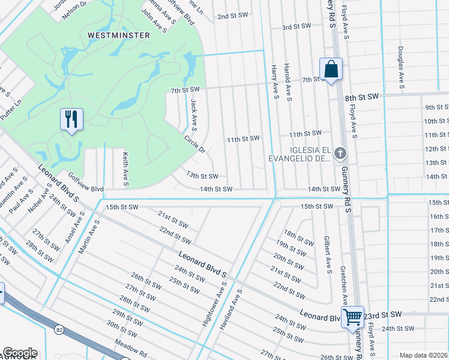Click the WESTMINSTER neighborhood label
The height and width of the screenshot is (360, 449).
click(119, 35)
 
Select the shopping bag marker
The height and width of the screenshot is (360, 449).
click(331, 69)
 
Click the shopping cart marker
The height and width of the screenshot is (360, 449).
click(352, 316)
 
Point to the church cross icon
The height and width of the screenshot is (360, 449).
click(340, 153)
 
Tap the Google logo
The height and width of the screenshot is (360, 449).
click(19, 353)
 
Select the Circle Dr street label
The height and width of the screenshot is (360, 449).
click(194, 143)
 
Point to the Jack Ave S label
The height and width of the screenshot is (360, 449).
click(193, 115)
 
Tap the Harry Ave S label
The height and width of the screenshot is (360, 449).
click(274, 83)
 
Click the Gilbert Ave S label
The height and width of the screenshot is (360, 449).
click(328, 254)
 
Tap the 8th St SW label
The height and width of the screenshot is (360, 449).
click(362, 96)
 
